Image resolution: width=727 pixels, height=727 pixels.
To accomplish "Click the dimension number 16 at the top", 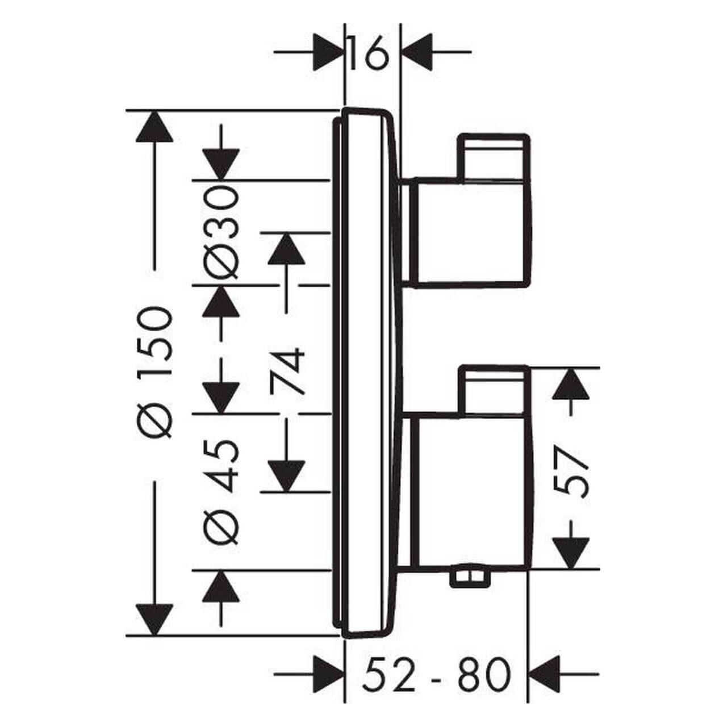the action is tap(369, 53).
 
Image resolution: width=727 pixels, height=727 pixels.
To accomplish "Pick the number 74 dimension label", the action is tap(287, 371).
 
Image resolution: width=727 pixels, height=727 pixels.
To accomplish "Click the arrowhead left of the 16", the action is tap(329, 52).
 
